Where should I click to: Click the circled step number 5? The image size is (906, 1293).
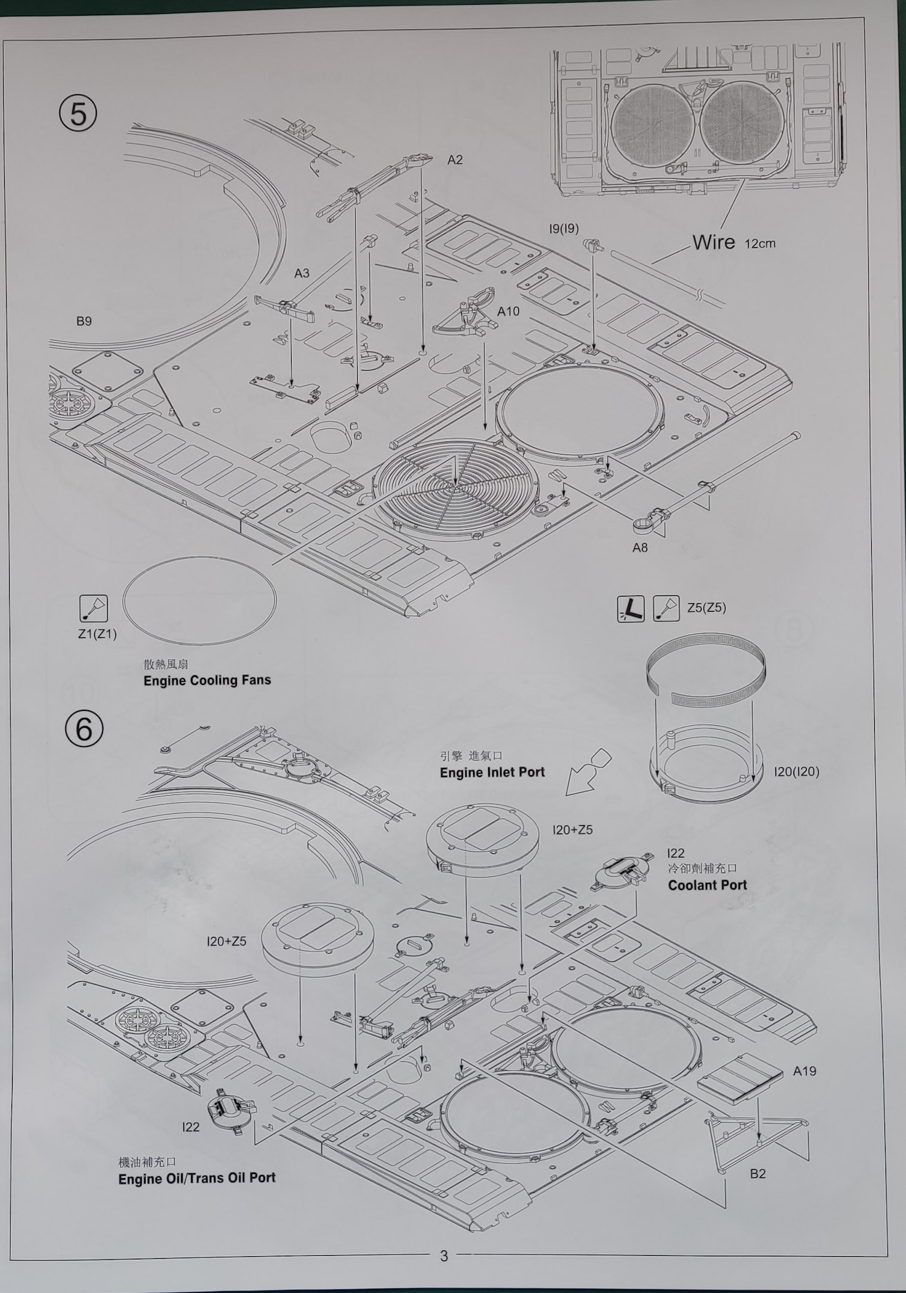[x=78, y=114]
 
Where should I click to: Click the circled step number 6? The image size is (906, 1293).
[x=84, y=728]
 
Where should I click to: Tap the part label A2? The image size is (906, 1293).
[x=455, y=159]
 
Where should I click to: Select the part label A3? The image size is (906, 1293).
[x=302, y=273]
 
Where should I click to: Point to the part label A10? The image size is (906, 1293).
[x=508, y=311]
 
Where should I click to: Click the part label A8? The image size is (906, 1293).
[x=640, y=547]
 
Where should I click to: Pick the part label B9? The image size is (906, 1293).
[x=84, y=321]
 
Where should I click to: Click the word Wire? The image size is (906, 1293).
[x=714, y=242]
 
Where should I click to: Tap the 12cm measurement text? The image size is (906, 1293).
[x=760, y=244]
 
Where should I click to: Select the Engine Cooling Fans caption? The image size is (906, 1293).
[x=207, y=680]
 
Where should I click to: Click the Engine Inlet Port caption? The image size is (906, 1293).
[x=492, y=772]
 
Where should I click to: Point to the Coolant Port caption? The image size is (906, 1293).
[x=708, y=885]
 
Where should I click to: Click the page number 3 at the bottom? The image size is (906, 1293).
[x=444, y=1256]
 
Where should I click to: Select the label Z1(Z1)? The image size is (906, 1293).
[x=97, y=634]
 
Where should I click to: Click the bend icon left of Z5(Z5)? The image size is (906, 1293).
[x=631, y=609]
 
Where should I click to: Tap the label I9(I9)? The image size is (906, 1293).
[x=564, y=229]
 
